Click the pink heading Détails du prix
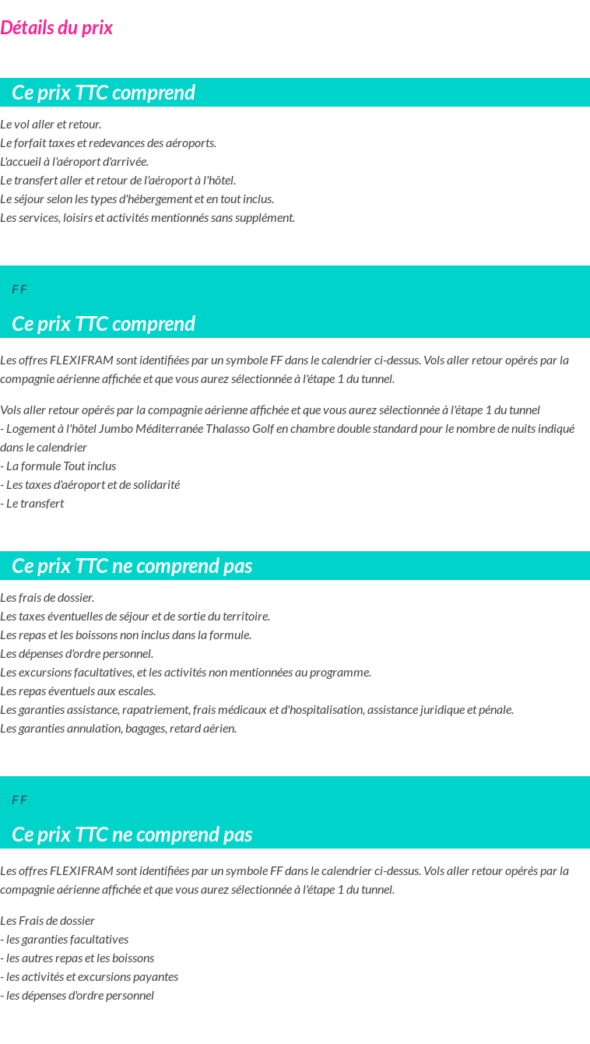(56, 28)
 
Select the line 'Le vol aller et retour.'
(51, 125)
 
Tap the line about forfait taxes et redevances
(108, 143)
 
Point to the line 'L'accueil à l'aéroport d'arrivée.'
(75, 162)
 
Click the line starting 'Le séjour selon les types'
(137, 199)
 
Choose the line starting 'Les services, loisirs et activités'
(148, 218)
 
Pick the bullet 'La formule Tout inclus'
(58, 466)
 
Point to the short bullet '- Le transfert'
(32, 504)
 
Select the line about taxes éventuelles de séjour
(135, 617)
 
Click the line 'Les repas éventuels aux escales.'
(78, 691)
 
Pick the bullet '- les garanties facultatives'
(65, 940)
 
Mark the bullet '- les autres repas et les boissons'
(77, 958)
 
